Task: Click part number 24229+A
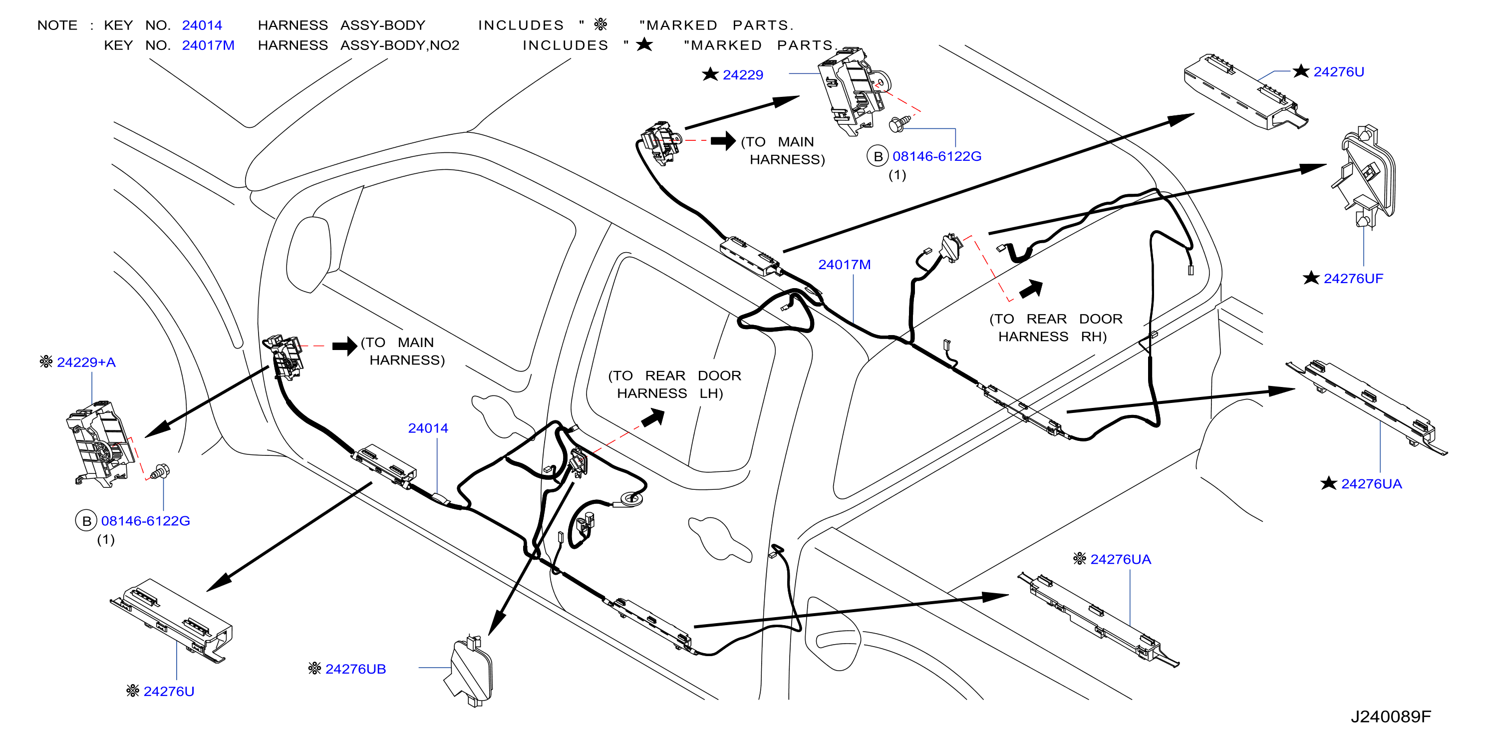tap(86, 363)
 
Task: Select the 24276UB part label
tap(355, 669)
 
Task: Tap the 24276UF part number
tap(1353, 279)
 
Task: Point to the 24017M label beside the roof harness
tap(844, 265)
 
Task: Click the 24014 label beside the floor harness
tap(428, 428)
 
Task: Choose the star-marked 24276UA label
tap(1371, 484)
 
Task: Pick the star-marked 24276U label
tap(1339, 72)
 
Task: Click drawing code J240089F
tap(1391, 717)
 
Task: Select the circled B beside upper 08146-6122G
tap(878, 156)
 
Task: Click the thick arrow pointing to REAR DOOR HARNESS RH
tap(1031, 289)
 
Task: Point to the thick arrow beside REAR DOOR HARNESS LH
tap(653, 417)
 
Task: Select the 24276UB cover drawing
tap(470, 672)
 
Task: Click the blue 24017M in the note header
tap(208, 45)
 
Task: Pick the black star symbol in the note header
tap(644, 44)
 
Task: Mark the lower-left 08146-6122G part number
tap(146, 521)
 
